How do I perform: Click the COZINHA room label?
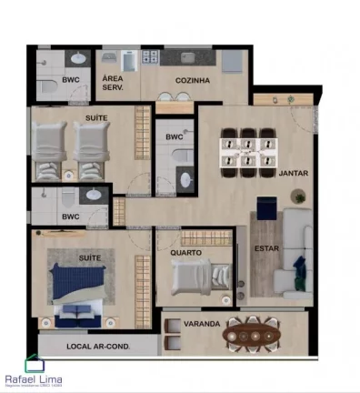pyautogui.click(x=194, y=81)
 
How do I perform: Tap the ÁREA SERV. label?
pyautogui.click(x=114, y=82)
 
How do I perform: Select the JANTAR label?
pyautogui.click(x=292, y=172)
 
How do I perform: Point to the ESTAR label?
pyautogui.click(x=266, y=247)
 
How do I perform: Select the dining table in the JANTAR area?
pyautogui.click(x=248, y=149)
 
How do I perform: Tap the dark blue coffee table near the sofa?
pyautogui.click(x=267, y=207)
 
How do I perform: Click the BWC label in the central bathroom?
pyautogui.click(x=174, y=137)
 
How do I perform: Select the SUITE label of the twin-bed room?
pyautogui.click(x=96, y=118)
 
